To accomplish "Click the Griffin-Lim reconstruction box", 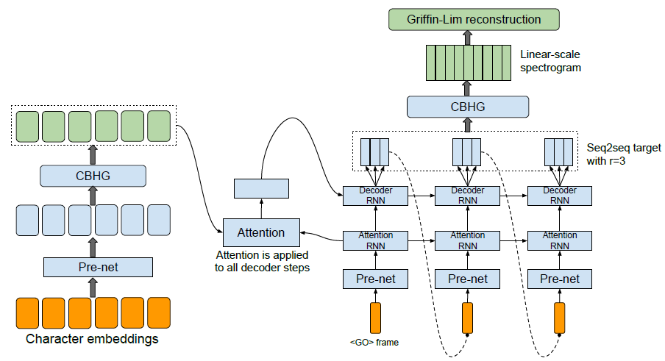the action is point(474,20).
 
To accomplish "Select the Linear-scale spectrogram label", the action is point(550,61).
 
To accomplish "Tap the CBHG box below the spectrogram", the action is point(468,107).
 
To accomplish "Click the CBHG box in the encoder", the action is point(93,176).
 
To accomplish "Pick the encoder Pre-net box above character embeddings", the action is point(98,268).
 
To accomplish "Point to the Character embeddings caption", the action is point(92,339).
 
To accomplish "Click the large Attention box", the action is point(261,232).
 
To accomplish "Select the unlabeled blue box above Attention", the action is point(261,188).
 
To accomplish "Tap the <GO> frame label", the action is point(374,343).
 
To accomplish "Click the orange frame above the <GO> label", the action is point(375,318).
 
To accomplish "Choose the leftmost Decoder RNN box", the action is point(375,196).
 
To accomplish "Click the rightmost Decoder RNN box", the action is point(559,196).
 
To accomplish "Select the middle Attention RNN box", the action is point(467,240).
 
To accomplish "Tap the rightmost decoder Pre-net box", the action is point(559,279).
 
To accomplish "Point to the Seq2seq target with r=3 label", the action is point(624,154).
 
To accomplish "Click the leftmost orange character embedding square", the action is point(27,313).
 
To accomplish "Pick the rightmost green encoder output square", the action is point(159,126).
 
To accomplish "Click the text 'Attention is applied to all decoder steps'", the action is point(262,262).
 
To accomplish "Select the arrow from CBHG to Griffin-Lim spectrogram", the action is point(467,88).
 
